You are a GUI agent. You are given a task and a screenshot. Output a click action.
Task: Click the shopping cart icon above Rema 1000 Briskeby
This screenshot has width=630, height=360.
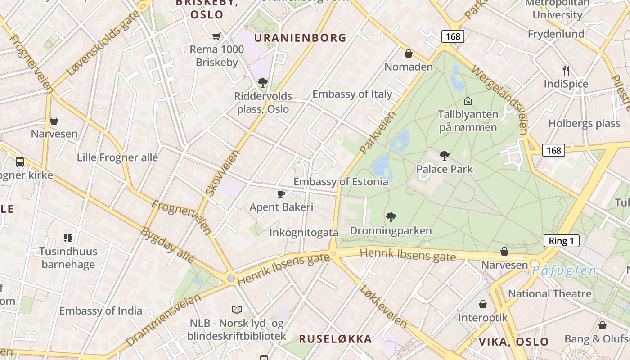216,36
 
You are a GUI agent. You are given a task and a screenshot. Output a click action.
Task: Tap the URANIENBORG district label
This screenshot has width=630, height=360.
300,38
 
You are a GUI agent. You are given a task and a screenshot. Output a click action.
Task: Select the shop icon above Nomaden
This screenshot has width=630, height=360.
409,54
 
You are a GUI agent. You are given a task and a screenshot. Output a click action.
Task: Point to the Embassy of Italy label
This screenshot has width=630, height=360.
352,94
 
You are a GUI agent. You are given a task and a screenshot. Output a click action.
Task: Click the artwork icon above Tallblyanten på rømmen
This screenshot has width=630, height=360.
468,101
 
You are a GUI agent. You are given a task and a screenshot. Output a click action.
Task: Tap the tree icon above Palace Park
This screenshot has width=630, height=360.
444,156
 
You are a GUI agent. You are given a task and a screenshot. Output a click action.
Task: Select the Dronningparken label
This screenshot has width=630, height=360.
391,231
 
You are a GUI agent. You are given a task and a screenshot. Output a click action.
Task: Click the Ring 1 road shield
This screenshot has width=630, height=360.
561,241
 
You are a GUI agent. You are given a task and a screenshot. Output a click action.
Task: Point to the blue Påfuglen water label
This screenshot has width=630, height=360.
564,271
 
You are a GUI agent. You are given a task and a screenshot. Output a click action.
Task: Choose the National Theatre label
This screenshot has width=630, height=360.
549,294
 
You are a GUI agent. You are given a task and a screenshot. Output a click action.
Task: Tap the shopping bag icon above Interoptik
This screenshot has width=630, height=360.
483,305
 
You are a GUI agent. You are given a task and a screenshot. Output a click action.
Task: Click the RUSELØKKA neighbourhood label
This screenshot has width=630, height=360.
335,339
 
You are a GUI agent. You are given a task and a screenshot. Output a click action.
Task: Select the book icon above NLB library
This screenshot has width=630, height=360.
237,310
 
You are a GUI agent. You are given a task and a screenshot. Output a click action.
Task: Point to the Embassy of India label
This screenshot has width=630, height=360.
100,311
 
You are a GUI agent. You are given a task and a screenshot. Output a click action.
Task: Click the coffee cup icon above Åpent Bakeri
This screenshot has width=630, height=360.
281,194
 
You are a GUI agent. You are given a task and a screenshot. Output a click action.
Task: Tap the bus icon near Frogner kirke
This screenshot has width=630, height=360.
20,162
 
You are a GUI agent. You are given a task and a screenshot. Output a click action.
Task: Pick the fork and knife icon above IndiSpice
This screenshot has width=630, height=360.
566,71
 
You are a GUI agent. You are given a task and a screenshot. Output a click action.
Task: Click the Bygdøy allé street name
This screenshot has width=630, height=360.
167,246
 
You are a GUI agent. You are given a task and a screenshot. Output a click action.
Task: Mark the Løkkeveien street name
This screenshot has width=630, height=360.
383,306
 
